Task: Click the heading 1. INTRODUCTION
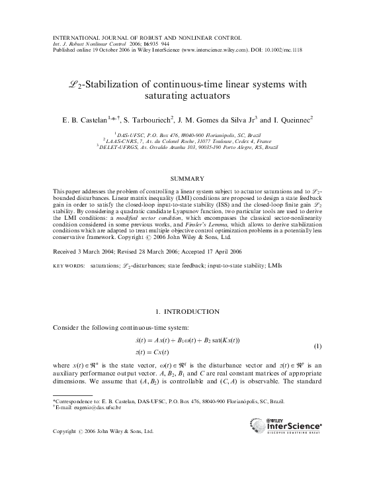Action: point(187,311)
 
